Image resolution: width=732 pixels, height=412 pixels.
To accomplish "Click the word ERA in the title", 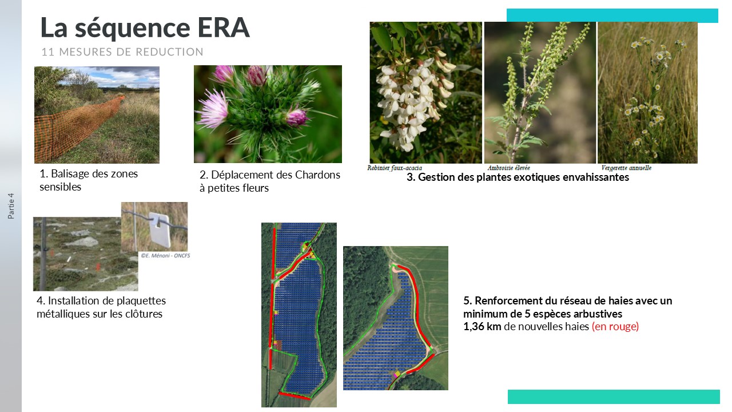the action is point(224,27).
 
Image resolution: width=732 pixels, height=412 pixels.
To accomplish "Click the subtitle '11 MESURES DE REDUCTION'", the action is point(122,52).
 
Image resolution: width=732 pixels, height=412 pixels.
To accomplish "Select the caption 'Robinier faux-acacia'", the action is point(395,168).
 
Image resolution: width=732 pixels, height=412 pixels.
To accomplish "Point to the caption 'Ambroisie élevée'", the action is point(508,168).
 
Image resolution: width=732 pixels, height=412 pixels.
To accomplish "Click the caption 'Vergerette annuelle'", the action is point(626,168).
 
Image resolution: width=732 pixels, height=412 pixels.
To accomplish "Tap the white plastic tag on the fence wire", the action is point(160,230).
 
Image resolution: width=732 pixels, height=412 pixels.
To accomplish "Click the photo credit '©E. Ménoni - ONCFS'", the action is point(165,256).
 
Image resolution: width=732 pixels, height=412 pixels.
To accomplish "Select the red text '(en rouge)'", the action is point(615,326).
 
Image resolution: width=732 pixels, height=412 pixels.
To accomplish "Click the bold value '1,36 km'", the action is point(482,326).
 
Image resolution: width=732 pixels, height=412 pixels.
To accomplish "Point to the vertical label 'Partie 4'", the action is point(11,206).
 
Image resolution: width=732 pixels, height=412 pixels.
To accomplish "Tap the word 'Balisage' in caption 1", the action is point(71,174).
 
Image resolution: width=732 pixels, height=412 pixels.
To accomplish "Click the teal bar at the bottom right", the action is point(614,397).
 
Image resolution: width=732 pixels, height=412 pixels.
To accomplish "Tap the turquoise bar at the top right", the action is point(612,15).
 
